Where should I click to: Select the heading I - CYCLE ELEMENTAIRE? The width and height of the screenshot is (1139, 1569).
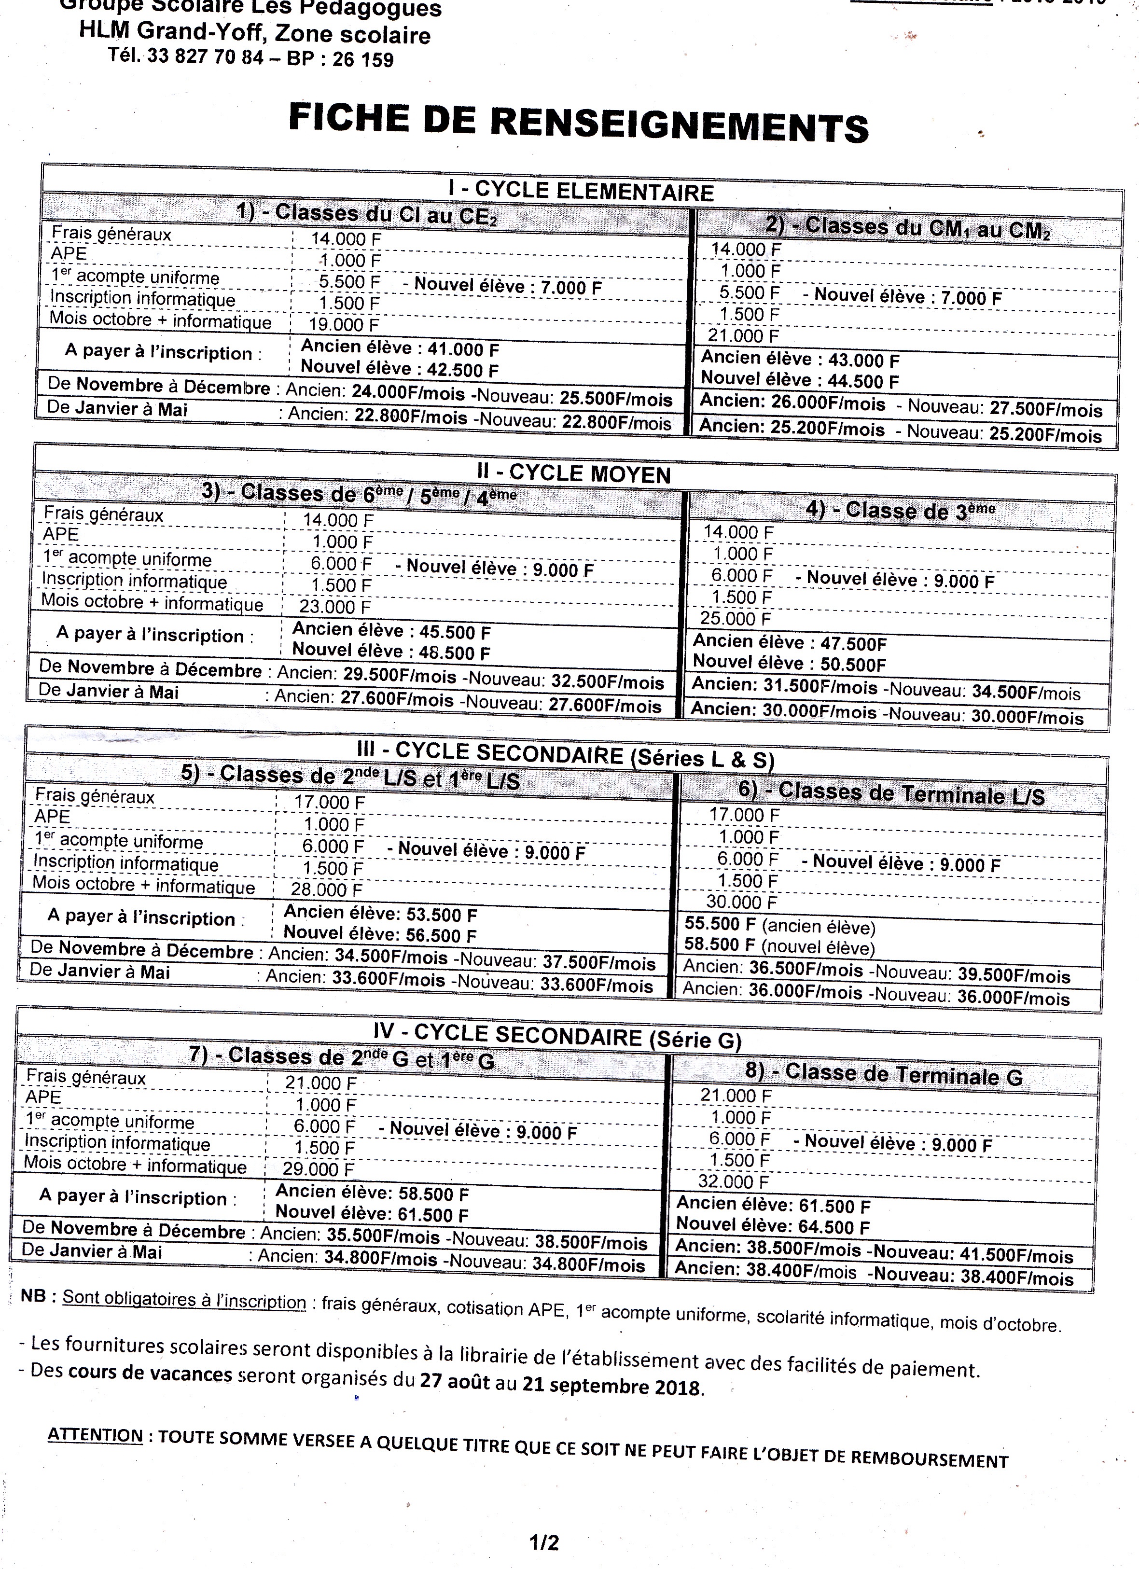pos(580,190)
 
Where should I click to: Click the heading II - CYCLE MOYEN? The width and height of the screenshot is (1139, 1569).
pos(574,473)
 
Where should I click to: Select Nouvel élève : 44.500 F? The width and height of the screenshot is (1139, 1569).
pos(799,380)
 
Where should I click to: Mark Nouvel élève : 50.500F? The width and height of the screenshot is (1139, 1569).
pos(789,664)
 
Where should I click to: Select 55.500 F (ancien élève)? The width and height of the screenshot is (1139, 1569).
pos(779,926)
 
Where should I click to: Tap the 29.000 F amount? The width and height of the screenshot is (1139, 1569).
pos(319,1169)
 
